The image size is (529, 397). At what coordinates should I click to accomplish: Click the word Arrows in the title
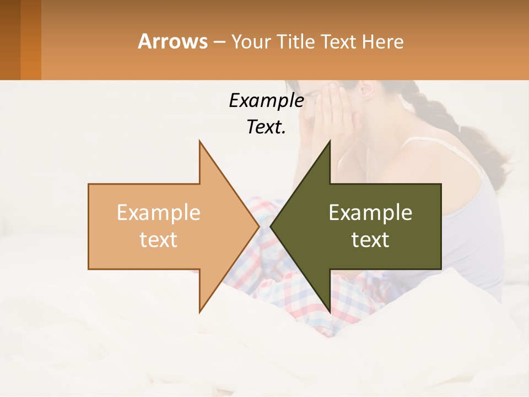tap(172, 41)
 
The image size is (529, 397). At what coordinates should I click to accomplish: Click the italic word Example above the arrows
tap(266, 100)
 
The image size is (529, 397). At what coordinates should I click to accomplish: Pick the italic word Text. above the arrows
tap(266, 127)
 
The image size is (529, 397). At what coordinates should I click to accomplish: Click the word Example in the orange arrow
tap(158, 212)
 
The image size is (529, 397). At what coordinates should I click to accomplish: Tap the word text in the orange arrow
tap(158, 240)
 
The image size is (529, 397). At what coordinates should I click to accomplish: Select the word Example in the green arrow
tap(370, 212)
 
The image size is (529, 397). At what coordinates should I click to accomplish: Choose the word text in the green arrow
tap(370, 240)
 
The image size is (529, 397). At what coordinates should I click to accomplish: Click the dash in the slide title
tap(219, 42)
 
